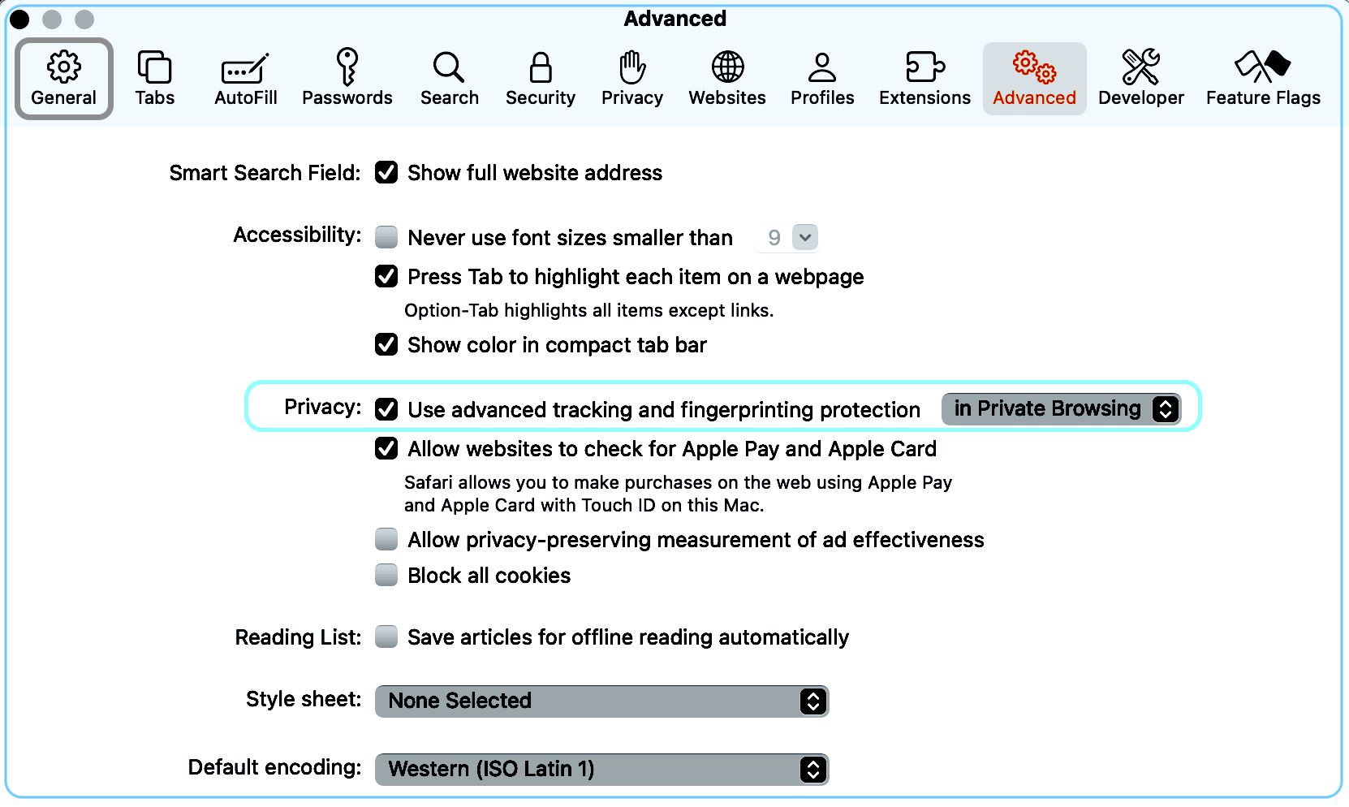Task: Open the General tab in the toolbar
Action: click(64, 78)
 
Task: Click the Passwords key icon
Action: click(347, 67)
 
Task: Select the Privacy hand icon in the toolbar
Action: click(632, 67)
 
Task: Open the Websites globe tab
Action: click(727, 78)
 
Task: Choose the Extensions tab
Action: click(924, 78)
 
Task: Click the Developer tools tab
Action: click(1140, 78)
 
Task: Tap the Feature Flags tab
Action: click(1263, 78)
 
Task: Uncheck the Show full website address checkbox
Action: click(386, 173)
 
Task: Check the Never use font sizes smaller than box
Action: click(386, 237)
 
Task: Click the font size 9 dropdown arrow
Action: click(805, 237)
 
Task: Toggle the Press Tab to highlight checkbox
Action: click(386, 276)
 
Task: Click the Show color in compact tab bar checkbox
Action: click(386, 344)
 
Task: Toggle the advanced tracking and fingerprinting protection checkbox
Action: click(386, 409)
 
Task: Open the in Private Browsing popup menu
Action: click(1061, 409)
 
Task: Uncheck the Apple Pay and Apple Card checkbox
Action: click(386, 449)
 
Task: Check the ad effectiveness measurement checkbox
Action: click(386, 540)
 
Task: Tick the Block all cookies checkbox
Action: click(386, 575)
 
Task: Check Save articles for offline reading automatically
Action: click(386, 637)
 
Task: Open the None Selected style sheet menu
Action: click(601, 701)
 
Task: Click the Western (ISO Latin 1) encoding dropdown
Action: click(601, 769)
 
